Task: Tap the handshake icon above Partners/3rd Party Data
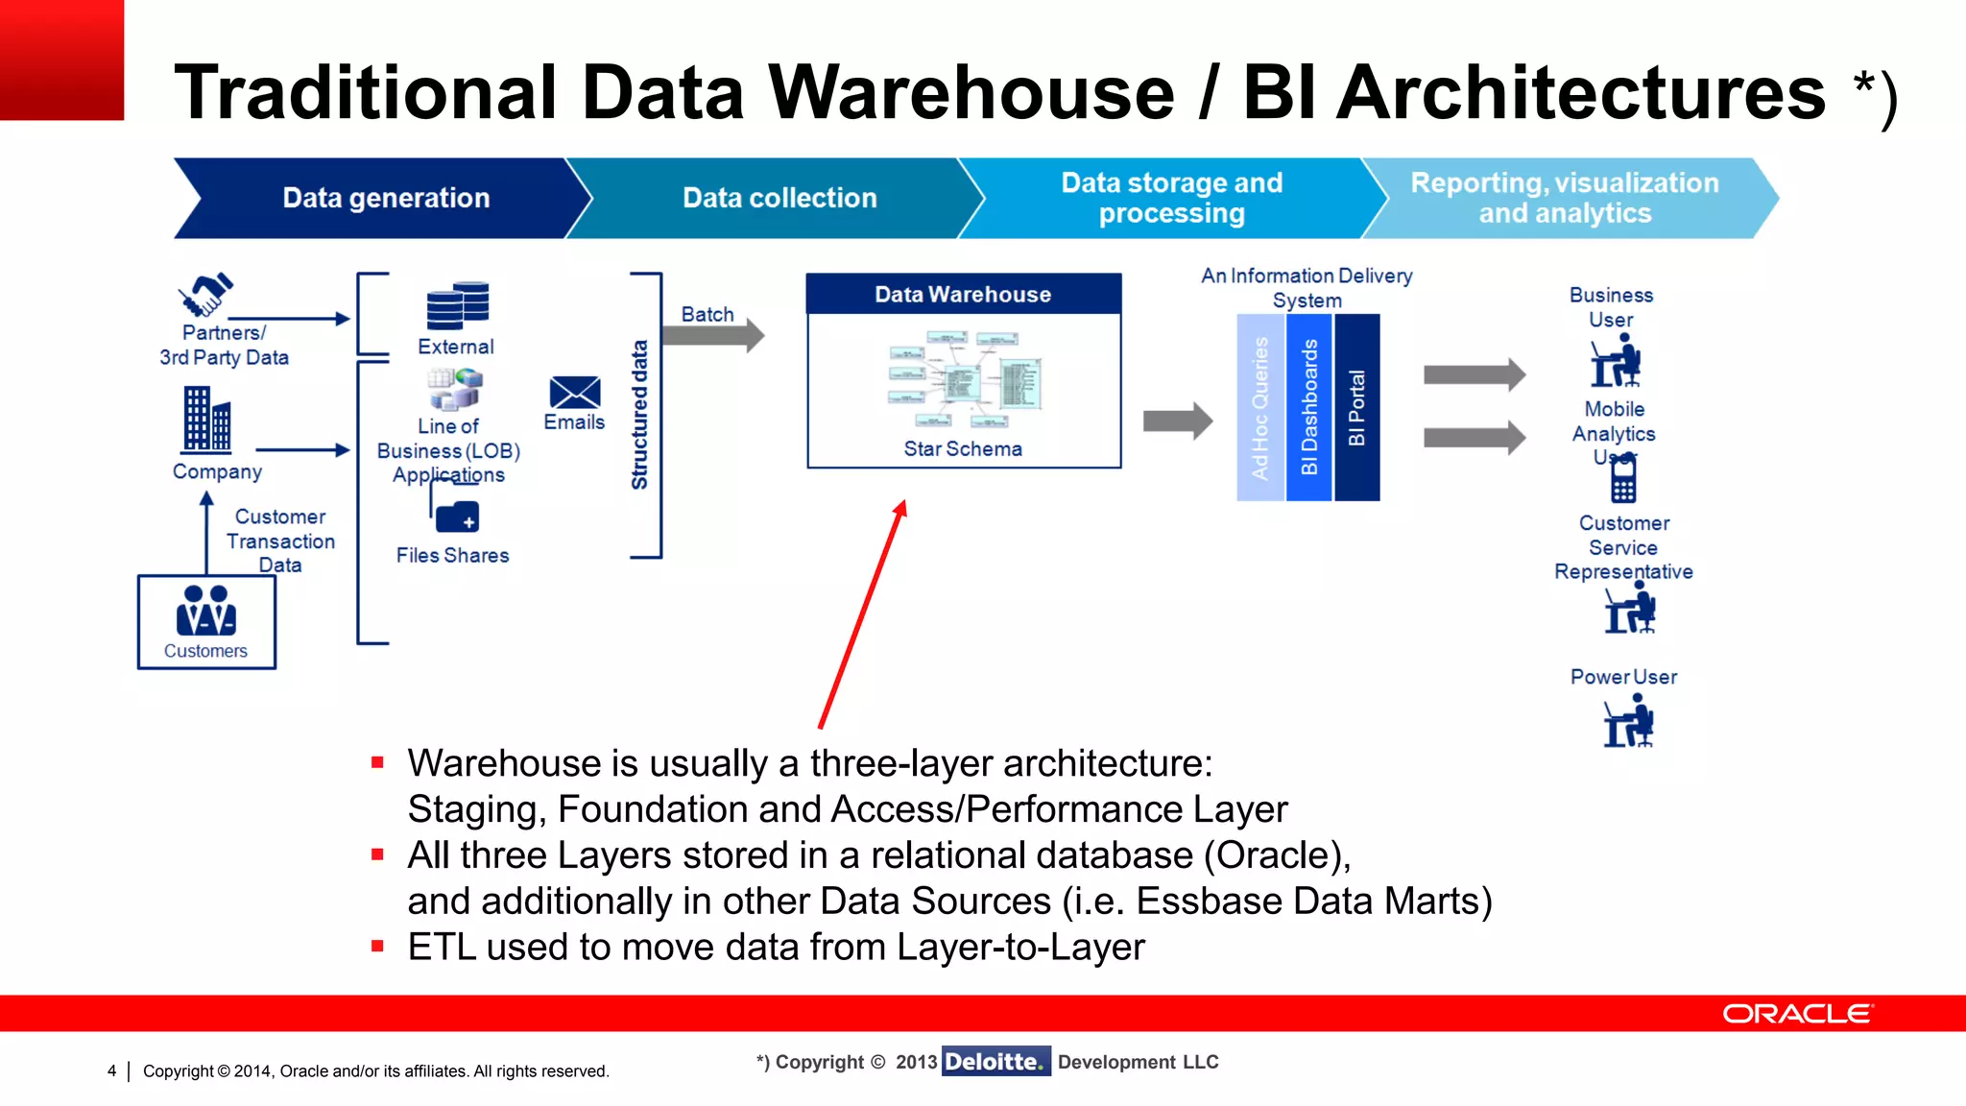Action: (205, 295)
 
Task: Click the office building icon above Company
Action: (206, 419)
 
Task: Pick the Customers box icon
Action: (206, 620)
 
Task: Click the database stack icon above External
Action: (458, 305)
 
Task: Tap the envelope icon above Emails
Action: (575, 392)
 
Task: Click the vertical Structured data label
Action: (639, 415)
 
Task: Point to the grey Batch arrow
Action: (712, 335)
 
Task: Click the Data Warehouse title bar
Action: (963, 294)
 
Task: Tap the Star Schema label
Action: (963, 448)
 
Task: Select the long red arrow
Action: (862, 614)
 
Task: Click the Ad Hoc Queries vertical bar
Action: (1259, 408)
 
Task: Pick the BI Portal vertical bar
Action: (1356, 408)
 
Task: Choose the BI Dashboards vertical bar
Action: (1308, 408)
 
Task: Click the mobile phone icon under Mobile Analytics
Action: (1623, 479)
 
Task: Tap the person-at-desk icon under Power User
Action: (1629, 722)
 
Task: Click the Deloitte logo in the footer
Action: (995, 1061)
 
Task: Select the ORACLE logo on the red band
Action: (1797, 1014)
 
